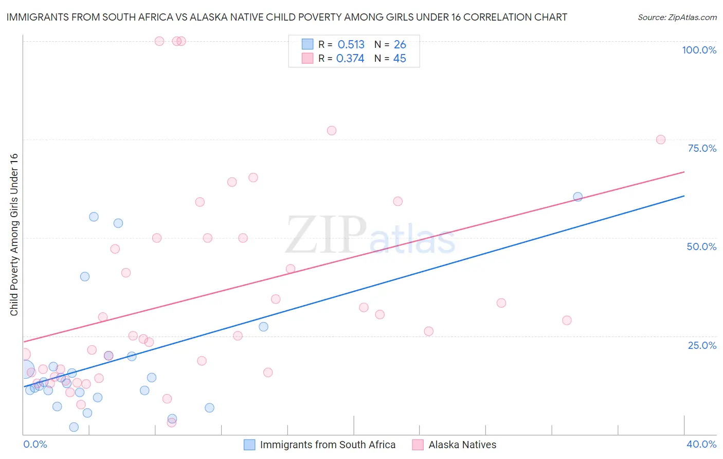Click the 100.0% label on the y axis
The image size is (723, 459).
[699, 50]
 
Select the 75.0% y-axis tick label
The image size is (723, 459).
[702, 148]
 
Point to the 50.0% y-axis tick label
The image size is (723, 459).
[701, 246]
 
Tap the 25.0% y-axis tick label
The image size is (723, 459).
[702, 345]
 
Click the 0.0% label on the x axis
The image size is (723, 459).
[35, 444]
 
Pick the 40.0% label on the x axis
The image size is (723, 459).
[701, 444]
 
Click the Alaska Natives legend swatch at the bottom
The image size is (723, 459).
[418, 445]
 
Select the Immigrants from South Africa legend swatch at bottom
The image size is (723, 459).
[249, 445]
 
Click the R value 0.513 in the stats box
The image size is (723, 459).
[351, 44]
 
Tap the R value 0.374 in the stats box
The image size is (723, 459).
[350, 59]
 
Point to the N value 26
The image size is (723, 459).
[400, 44]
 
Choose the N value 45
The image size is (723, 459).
[400, 59]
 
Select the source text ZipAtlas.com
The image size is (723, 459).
[692, 17]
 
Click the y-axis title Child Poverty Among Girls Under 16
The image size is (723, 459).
[14, 235]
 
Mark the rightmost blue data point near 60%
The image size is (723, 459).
[577, 197]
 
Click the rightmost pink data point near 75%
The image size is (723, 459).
[661, 139]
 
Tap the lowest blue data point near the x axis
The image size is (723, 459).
[74, 427]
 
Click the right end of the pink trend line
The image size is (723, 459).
[684, 172]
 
